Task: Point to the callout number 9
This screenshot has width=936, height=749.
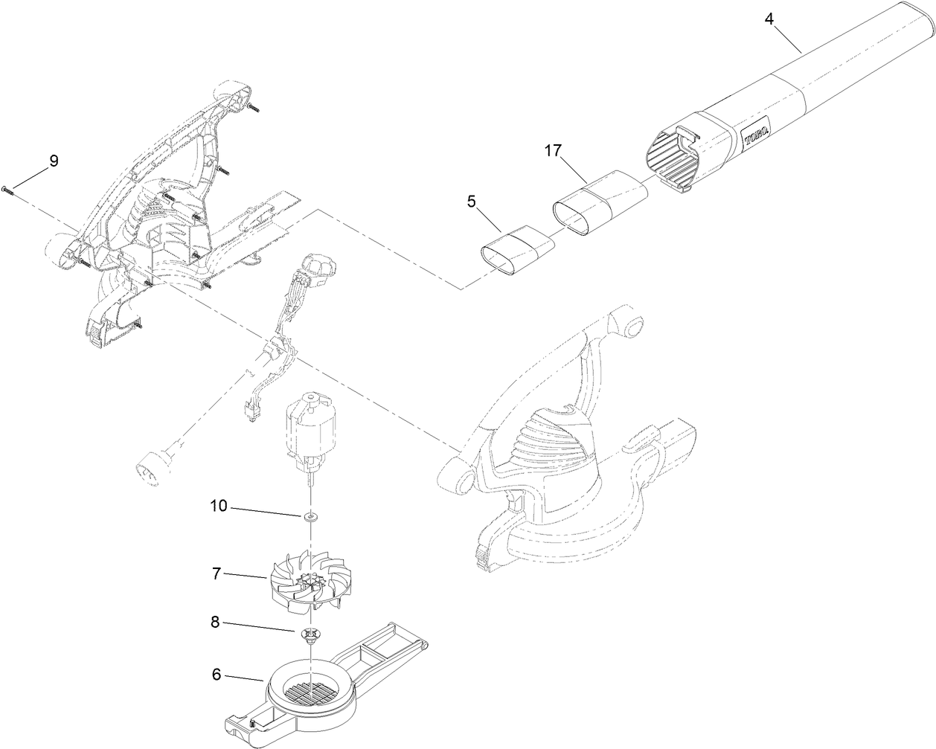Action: (x=53, y=160)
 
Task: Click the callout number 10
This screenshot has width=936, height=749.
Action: (x=218, y=507)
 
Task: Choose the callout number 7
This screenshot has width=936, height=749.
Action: (x=216, y=574)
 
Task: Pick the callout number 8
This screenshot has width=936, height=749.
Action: (x=216, y=624)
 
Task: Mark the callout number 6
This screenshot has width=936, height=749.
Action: (x=216, y=675)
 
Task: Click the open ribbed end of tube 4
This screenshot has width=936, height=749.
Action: (x=672, y=156)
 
